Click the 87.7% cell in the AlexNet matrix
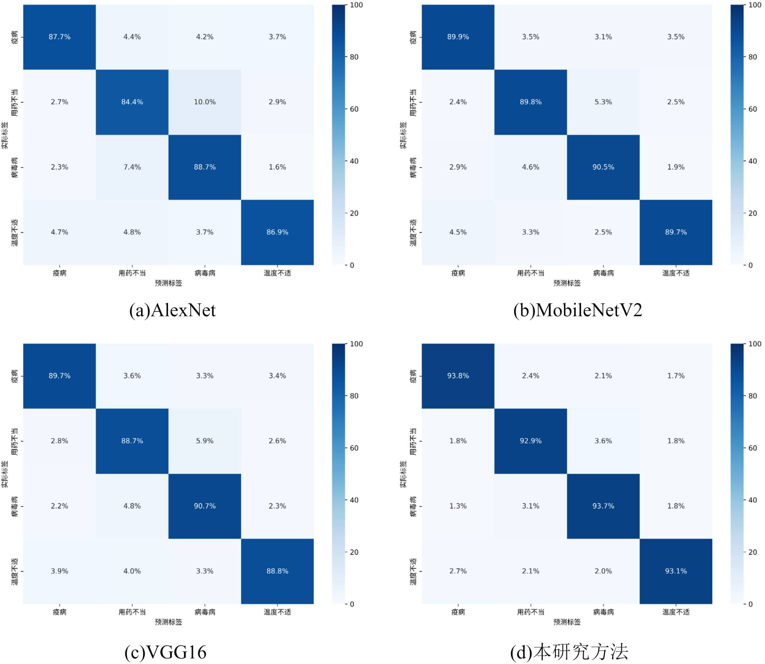pyautogui.click(x=59, y=37)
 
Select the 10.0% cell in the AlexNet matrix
pyautogui.click(x=205, y=102)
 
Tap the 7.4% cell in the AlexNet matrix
pyautogui.click(x=132, y=167)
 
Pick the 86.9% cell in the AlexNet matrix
pyautogui.click(x=277, y=232)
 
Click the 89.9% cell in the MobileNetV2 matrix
pyautogui.click(x=458, y=37)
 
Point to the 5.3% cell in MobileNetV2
pyautogui.click(x=603, y=102)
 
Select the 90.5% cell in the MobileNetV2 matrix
pyautogui.click(x=603, y=167)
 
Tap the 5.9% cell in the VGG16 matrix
pyautogui.click(x=205, y=441)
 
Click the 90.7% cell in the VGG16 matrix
pyautogui.click(x=205, y=506)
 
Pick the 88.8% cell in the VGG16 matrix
pyautogui.click(x=277, y=571)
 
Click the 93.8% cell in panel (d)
pyautogui.click(x=458, y=376)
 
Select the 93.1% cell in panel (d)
pyautogui.click(x=676, y=571)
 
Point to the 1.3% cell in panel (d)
pyautogui.click(x=458, y=506)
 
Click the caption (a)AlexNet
pyautogui.click(x=173, y=310)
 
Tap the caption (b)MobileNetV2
pyautogui.click(x=578, y=310)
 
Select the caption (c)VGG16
pyautogui.click(x=165, y=652)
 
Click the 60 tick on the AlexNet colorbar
pyautogui.click(x=354, y=109)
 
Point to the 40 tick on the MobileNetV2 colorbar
pyautogui.click(x=752, y=161)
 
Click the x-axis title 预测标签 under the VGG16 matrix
pyautogui.click(x=168, y=622)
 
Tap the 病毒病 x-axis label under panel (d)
pyautogui.click(x=603, y=612)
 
